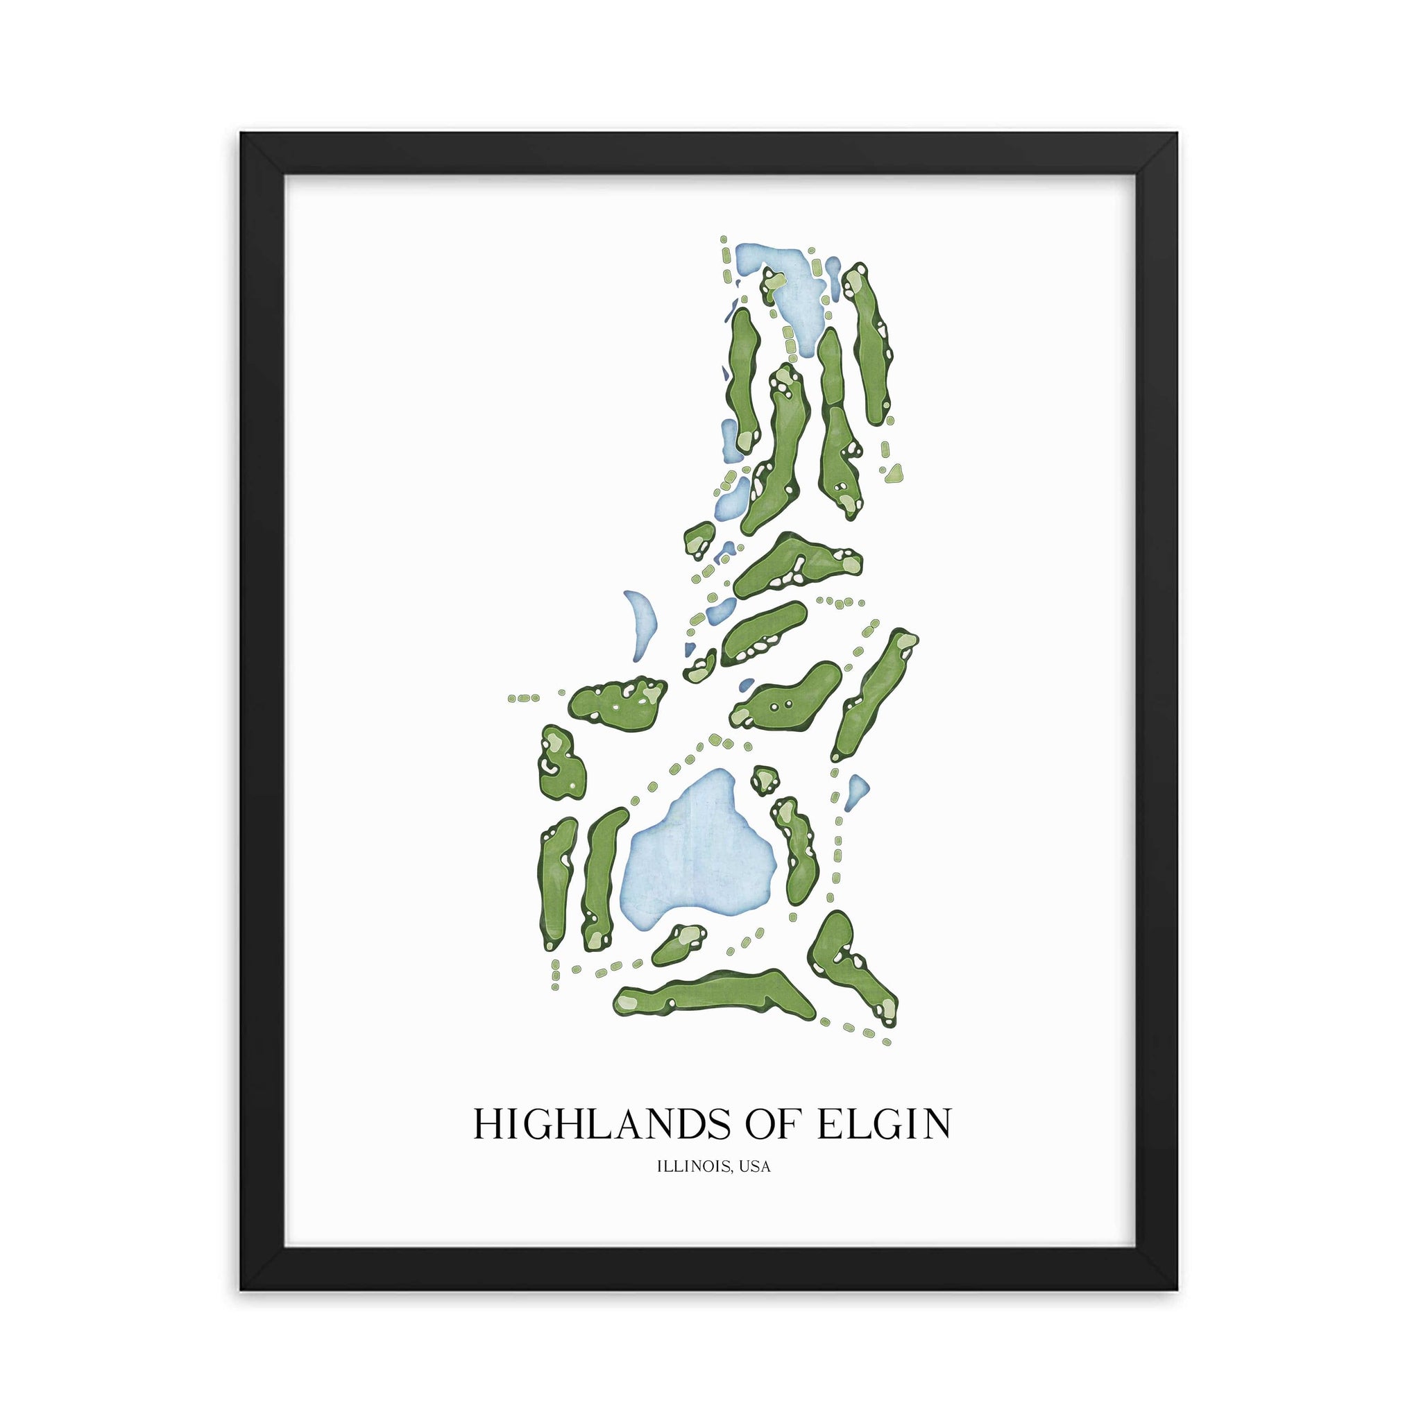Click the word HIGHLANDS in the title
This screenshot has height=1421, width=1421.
click(595, 1125)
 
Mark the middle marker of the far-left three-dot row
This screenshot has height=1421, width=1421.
click(523, 697)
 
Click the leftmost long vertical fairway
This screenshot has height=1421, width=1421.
click(555, 883)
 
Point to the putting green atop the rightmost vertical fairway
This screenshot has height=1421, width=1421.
click(855, 281)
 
